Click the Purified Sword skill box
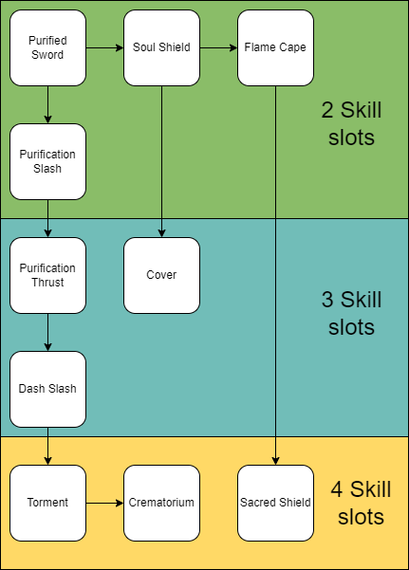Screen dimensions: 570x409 pyautogui.click(x=47, y=47)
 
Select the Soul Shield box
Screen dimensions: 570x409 pyautogui.click(x=161, y=47)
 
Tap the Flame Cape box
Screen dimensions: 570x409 pyautogui.click(x=275, y=47)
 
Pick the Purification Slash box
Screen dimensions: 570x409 pyautogui.click(x=47, y=161)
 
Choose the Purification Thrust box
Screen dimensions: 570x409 pyautogui.click(x=47, y=275)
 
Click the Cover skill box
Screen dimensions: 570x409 pyautogui.click(x=161, y=275)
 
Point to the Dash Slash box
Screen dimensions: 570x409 pyautogui.click(x=47, y=389)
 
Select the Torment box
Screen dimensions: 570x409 pyautogui.click(x=47, y=503)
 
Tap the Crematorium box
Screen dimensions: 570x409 pyautogui.click(x=161, y=503)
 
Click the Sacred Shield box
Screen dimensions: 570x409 pyautogui.click(x=275, y=503)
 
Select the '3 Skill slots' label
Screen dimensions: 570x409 pyautogui.click(x=351, y=313)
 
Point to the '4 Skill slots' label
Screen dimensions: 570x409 pyautogui.click(x=357, y=503)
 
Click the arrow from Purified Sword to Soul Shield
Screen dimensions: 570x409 pyautogui.click(x=104, y=47)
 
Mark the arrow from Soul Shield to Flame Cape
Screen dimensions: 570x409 pyautogui.click(x=218, y=47)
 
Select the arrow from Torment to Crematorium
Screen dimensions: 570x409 pyautogui.click(x=104, y=503)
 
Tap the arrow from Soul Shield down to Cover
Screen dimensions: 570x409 pyautogui.click(x=161, y=161)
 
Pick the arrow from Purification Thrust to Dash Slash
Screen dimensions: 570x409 pyautogui.click(x=47, y=332)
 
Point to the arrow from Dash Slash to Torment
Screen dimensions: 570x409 pyautogui.click(x=47, y=446)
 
